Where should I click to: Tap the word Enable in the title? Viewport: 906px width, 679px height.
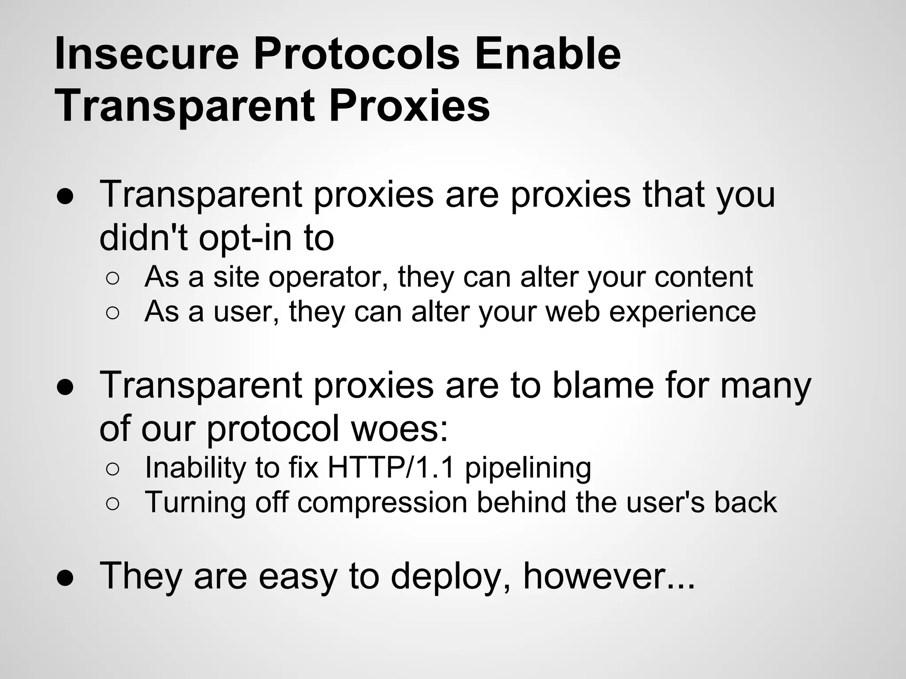pos(548,54)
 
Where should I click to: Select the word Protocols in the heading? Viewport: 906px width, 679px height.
pos(357,54)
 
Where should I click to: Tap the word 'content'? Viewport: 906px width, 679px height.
pos(703,277)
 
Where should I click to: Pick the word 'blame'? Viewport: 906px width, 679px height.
pos(603,385)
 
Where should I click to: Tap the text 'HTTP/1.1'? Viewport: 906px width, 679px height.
pos(391,467)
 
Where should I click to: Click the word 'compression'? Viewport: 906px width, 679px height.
pos(382,503)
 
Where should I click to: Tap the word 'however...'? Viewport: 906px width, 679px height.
pos(609,576)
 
